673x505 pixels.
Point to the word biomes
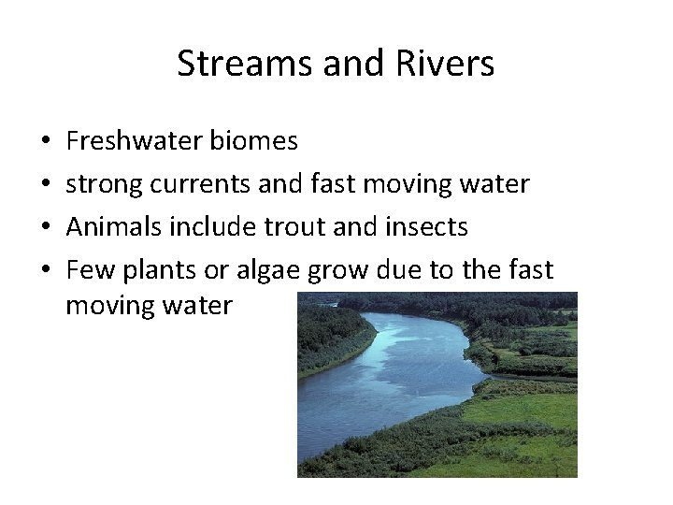[x=253, y=141]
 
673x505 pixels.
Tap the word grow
[x=339, y=270]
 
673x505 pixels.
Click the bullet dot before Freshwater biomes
[x=47, y=142]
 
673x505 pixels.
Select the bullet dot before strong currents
[x=47, y=185]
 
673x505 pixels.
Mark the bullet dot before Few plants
[x=47, y=271]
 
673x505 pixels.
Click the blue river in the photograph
[x=393, y=374]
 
